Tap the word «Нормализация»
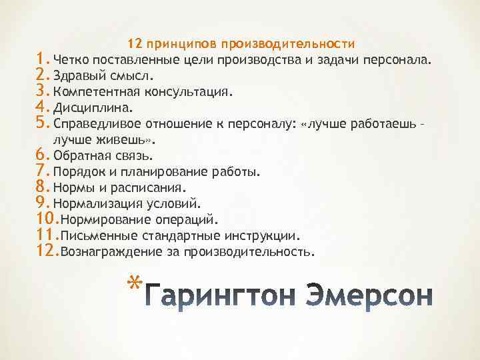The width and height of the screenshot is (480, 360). click(93, 203)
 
